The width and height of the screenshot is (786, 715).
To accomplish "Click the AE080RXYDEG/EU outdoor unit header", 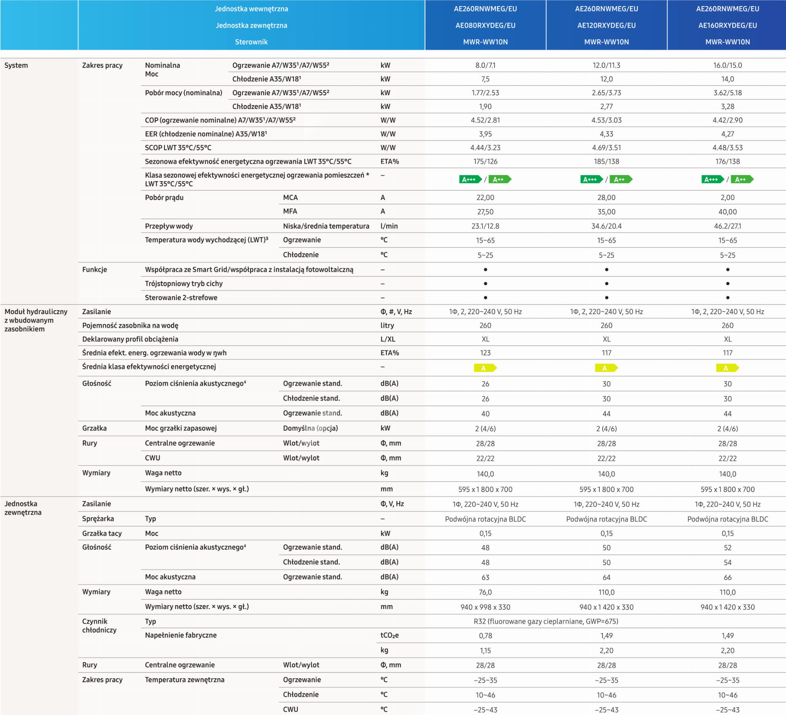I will (x=485, y=25).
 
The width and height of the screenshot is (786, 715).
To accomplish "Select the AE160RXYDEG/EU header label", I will (x=727, y=25).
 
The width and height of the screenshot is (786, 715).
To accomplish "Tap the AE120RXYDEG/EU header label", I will (x=606, y=25).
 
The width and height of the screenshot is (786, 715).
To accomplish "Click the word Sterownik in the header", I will (x=251, y=42).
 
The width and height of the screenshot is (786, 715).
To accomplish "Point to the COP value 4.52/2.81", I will (x=485, y=120).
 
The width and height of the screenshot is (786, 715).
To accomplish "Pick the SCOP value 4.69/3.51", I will (x=606, y=147).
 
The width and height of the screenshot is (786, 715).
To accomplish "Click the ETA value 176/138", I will (x=727, y=161).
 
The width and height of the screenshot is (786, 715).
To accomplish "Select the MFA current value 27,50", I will (x=485, y=212).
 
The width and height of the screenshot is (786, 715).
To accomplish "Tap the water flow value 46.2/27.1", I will (x=727, y=226).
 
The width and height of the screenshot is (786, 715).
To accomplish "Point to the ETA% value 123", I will (x=485, y=353).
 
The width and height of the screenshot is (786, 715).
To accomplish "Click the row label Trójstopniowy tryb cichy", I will (x=183, y=284).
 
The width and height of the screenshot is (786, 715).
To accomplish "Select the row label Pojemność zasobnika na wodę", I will (x=130, y=325).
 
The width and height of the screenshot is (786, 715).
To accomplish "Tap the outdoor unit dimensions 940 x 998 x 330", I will (x=485, y=607).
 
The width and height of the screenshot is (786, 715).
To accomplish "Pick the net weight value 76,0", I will (x=485, y=592).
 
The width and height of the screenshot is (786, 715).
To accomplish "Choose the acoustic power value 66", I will (x=727, y=577).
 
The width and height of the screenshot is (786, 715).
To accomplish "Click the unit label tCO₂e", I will (x=389, y=636).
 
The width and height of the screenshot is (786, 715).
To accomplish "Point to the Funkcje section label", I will (x=94, y=270).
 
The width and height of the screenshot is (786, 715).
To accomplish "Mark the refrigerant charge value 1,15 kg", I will (x=485, y=650).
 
